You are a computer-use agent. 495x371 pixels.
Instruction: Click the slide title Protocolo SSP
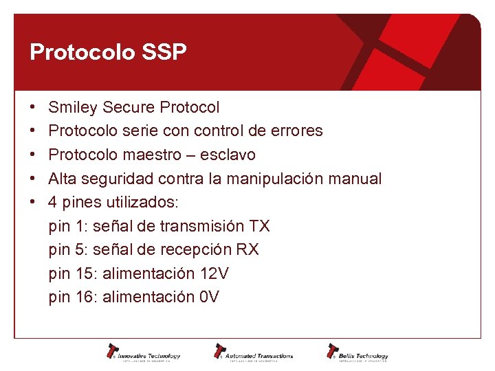[108, 53]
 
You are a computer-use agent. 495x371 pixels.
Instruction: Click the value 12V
[214, 273]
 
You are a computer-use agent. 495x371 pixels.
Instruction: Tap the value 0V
[209, 297]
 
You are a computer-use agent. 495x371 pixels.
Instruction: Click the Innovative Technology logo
[143, 352]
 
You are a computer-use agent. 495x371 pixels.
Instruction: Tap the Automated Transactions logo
[252, 352]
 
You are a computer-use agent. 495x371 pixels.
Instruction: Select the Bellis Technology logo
[357, 352]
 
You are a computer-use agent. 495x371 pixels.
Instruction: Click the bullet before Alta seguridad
[33, 179]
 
